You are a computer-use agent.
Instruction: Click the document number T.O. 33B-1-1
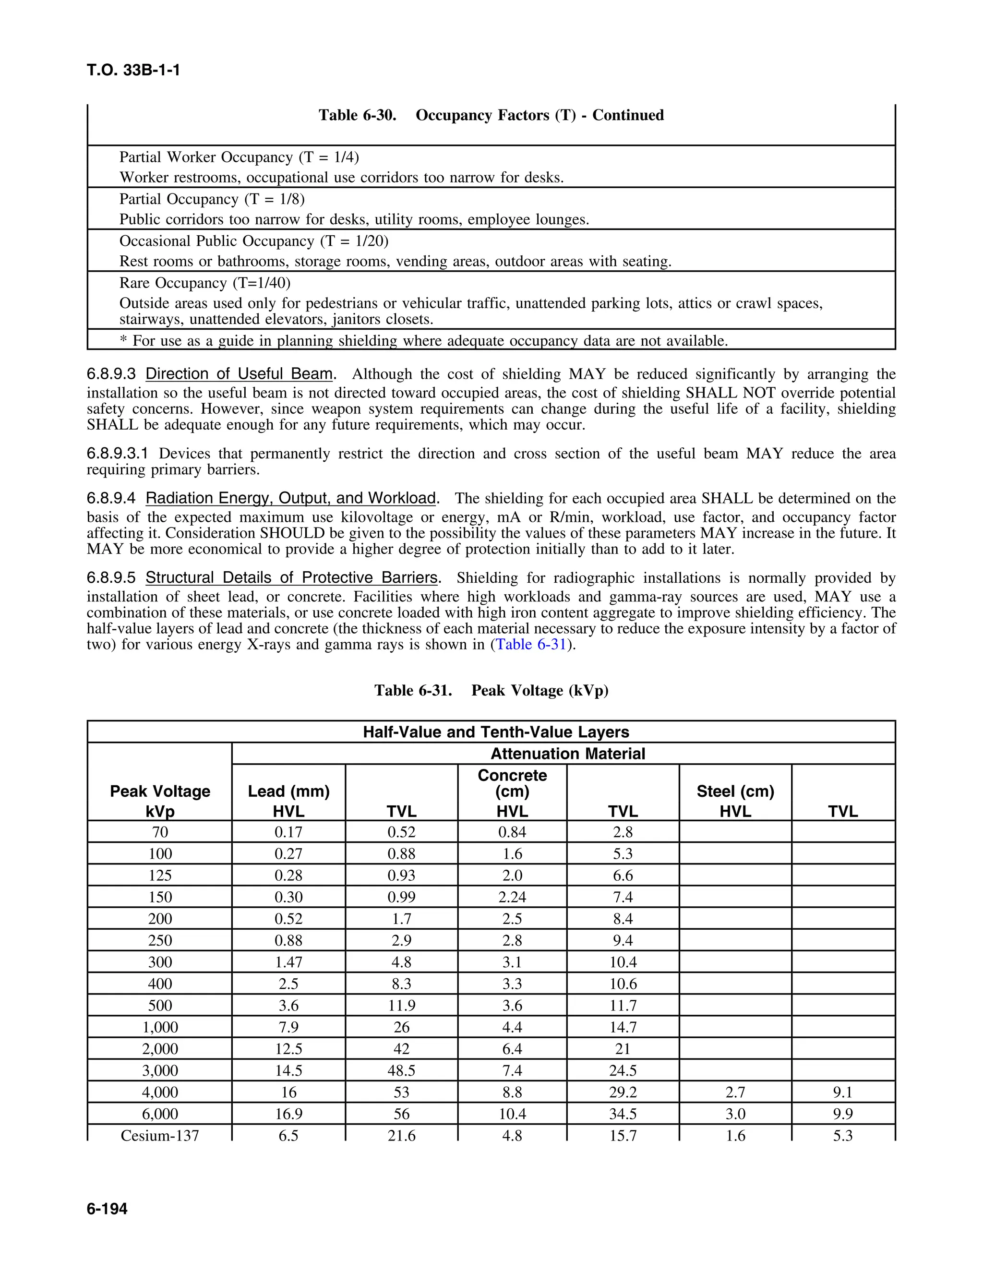point(133,71)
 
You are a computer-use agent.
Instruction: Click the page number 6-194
point(107,1209)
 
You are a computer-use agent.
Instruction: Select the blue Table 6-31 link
point(530,644)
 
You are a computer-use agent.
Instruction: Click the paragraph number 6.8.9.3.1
point(118,453)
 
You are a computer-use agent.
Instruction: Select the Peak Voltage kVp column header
point(160,801)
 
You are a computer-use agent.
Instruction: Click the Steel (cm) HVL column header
point(735,801)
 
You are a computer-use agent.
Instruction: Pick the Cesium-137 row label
point(160,1135)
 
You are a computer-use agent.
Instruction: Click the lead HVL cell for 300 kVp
point(289,961)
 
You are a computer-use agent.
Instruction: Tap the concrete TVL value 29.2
point(623,1092)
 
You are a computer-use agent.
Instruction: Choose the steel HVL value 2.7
point(735,1092)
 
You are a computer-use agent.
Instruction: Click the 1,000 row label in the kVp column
point(160,1027)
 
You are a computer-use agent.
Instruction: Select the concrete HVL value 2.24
point(512,897)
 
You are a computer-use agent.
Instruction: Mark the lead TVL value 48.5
point(401,1070)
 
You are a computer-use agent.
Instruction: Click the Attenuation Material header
point(567,754)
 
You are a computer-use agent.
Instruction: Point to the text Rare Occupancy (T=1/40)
point(205,283)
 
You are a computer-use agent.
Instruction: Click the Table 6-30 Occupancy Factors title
point(491,115)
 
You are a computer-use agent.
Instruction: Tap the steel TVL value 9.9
point(843,1114)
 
